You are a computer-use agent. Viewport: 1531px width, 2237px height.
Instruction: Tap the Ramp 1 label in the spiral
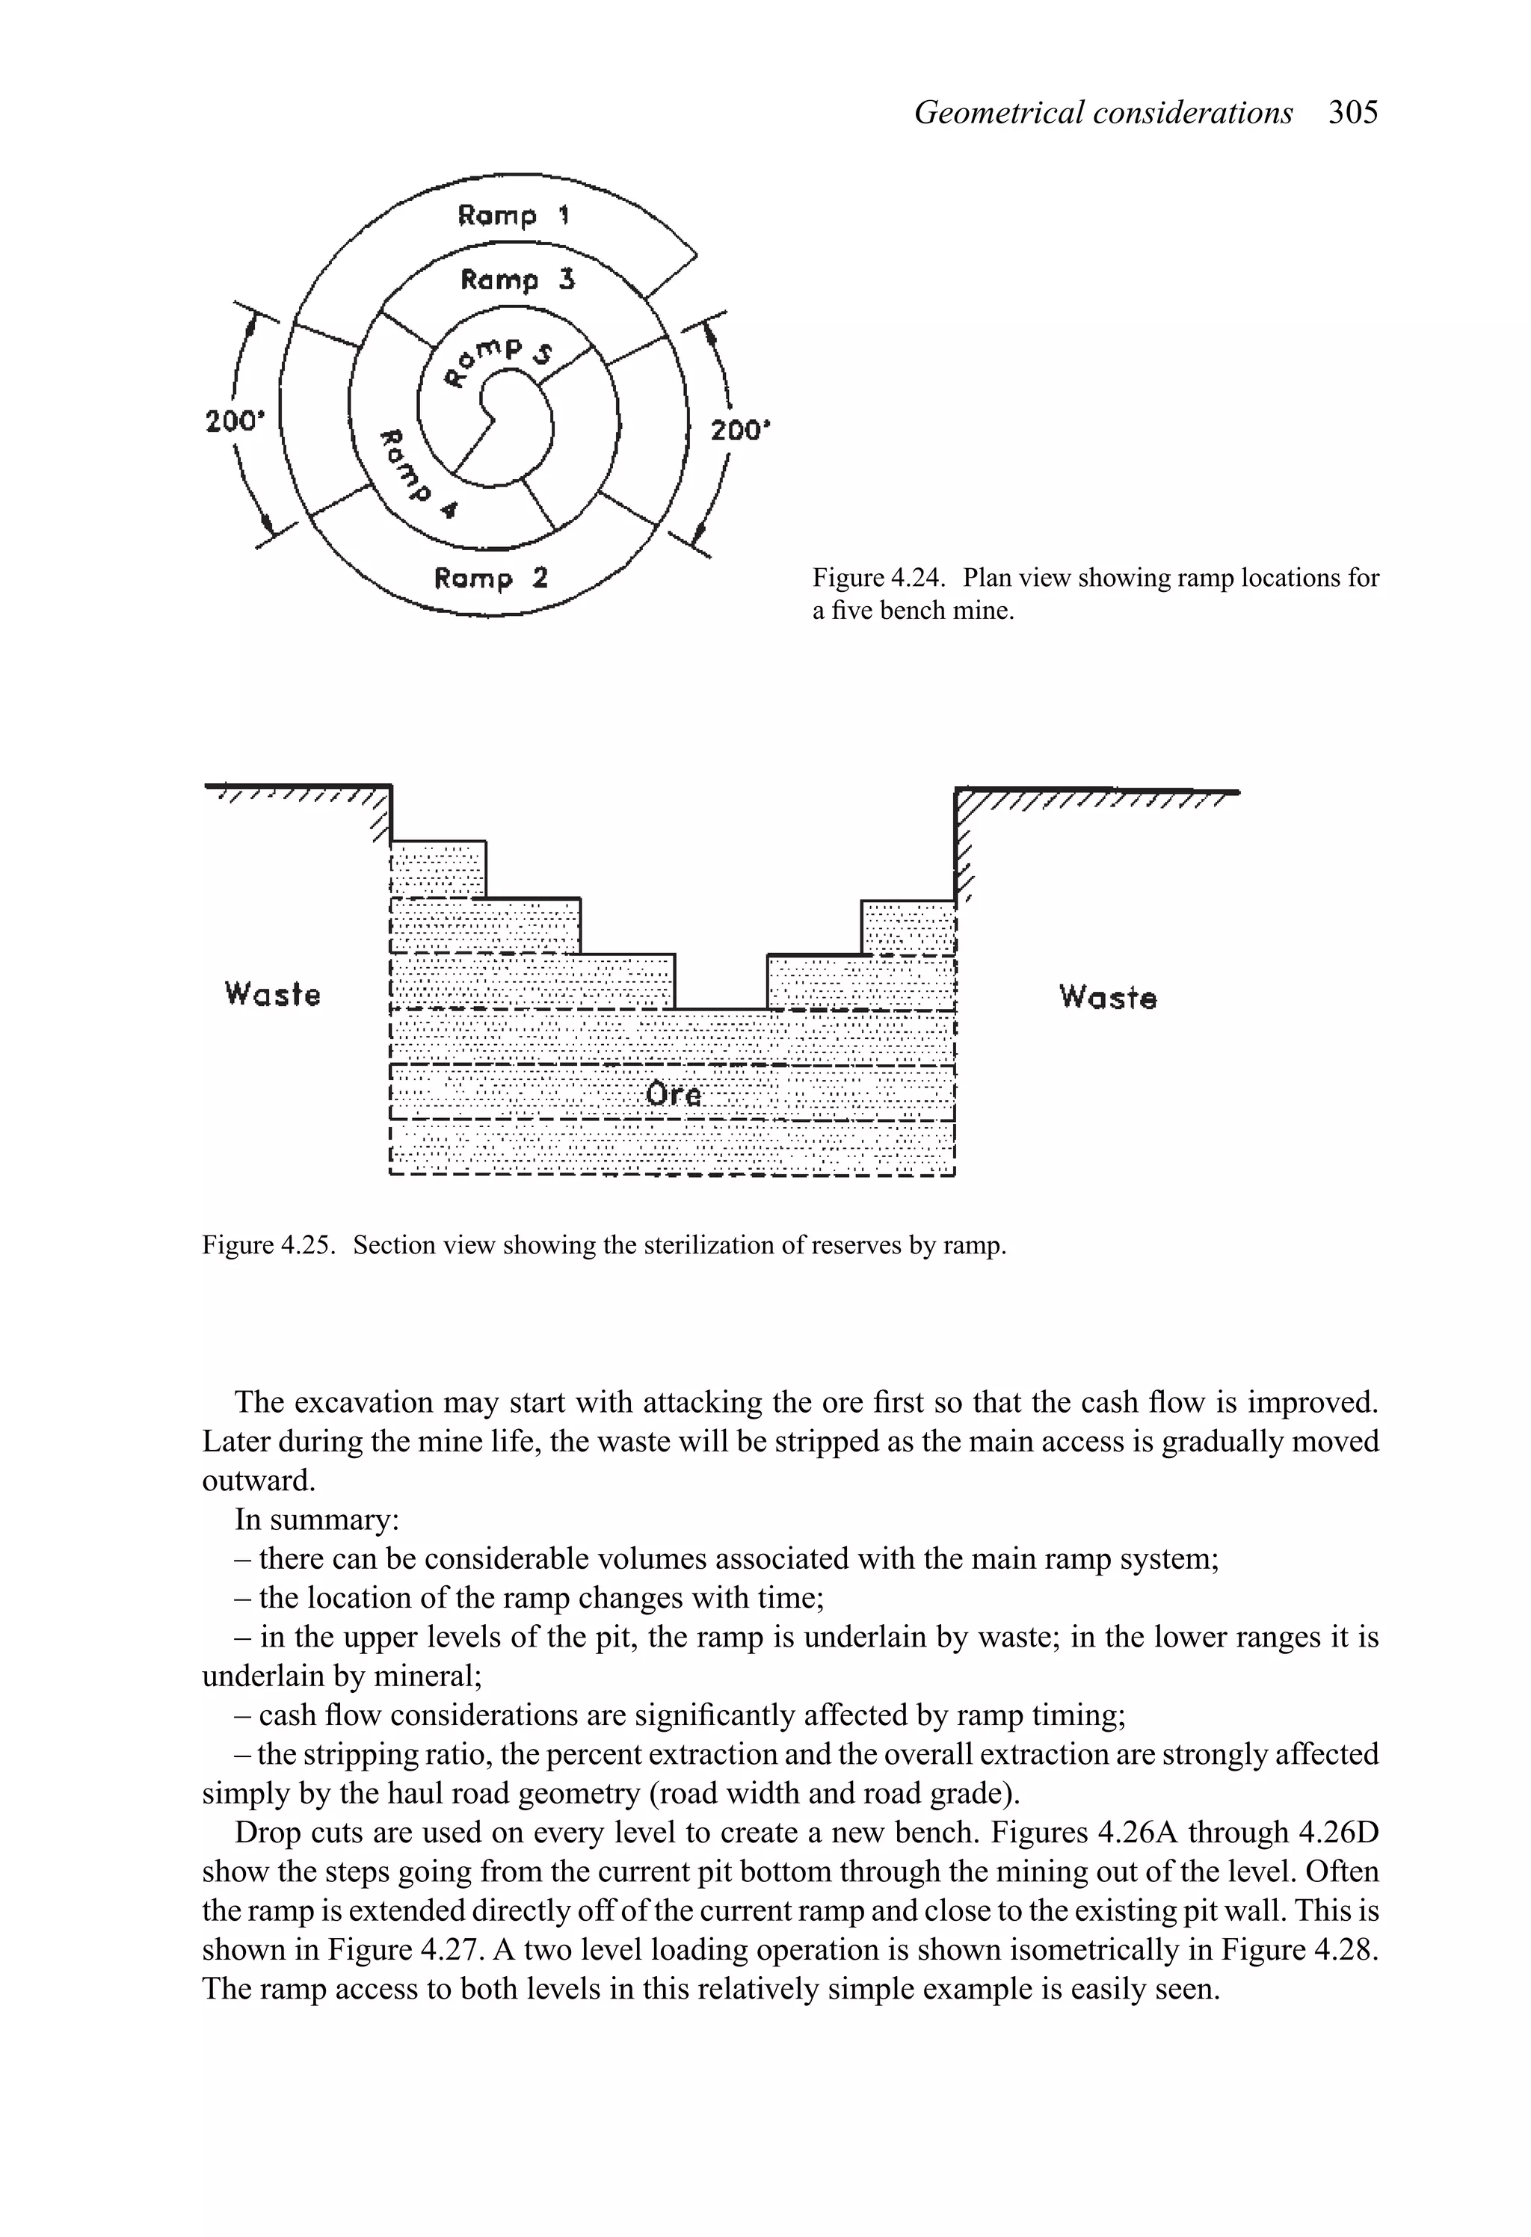click(x=514, y=215)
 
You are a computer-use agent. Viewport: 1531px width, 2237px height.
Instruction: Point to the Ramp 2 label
click(x=490, y=578)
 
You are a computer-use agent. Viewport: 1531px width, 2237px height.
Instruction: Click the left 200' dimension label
click(x=234, y=422)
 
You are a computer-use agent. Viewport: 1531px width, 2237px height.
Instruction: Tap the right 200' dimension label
click(x=741, y=431)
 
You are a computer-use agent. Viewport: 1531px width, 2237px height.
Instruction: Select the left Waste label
click(x=271, y=993)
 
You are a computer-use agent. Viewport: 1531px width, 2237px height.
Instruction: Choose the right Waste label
click(x=1107, y=996)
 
